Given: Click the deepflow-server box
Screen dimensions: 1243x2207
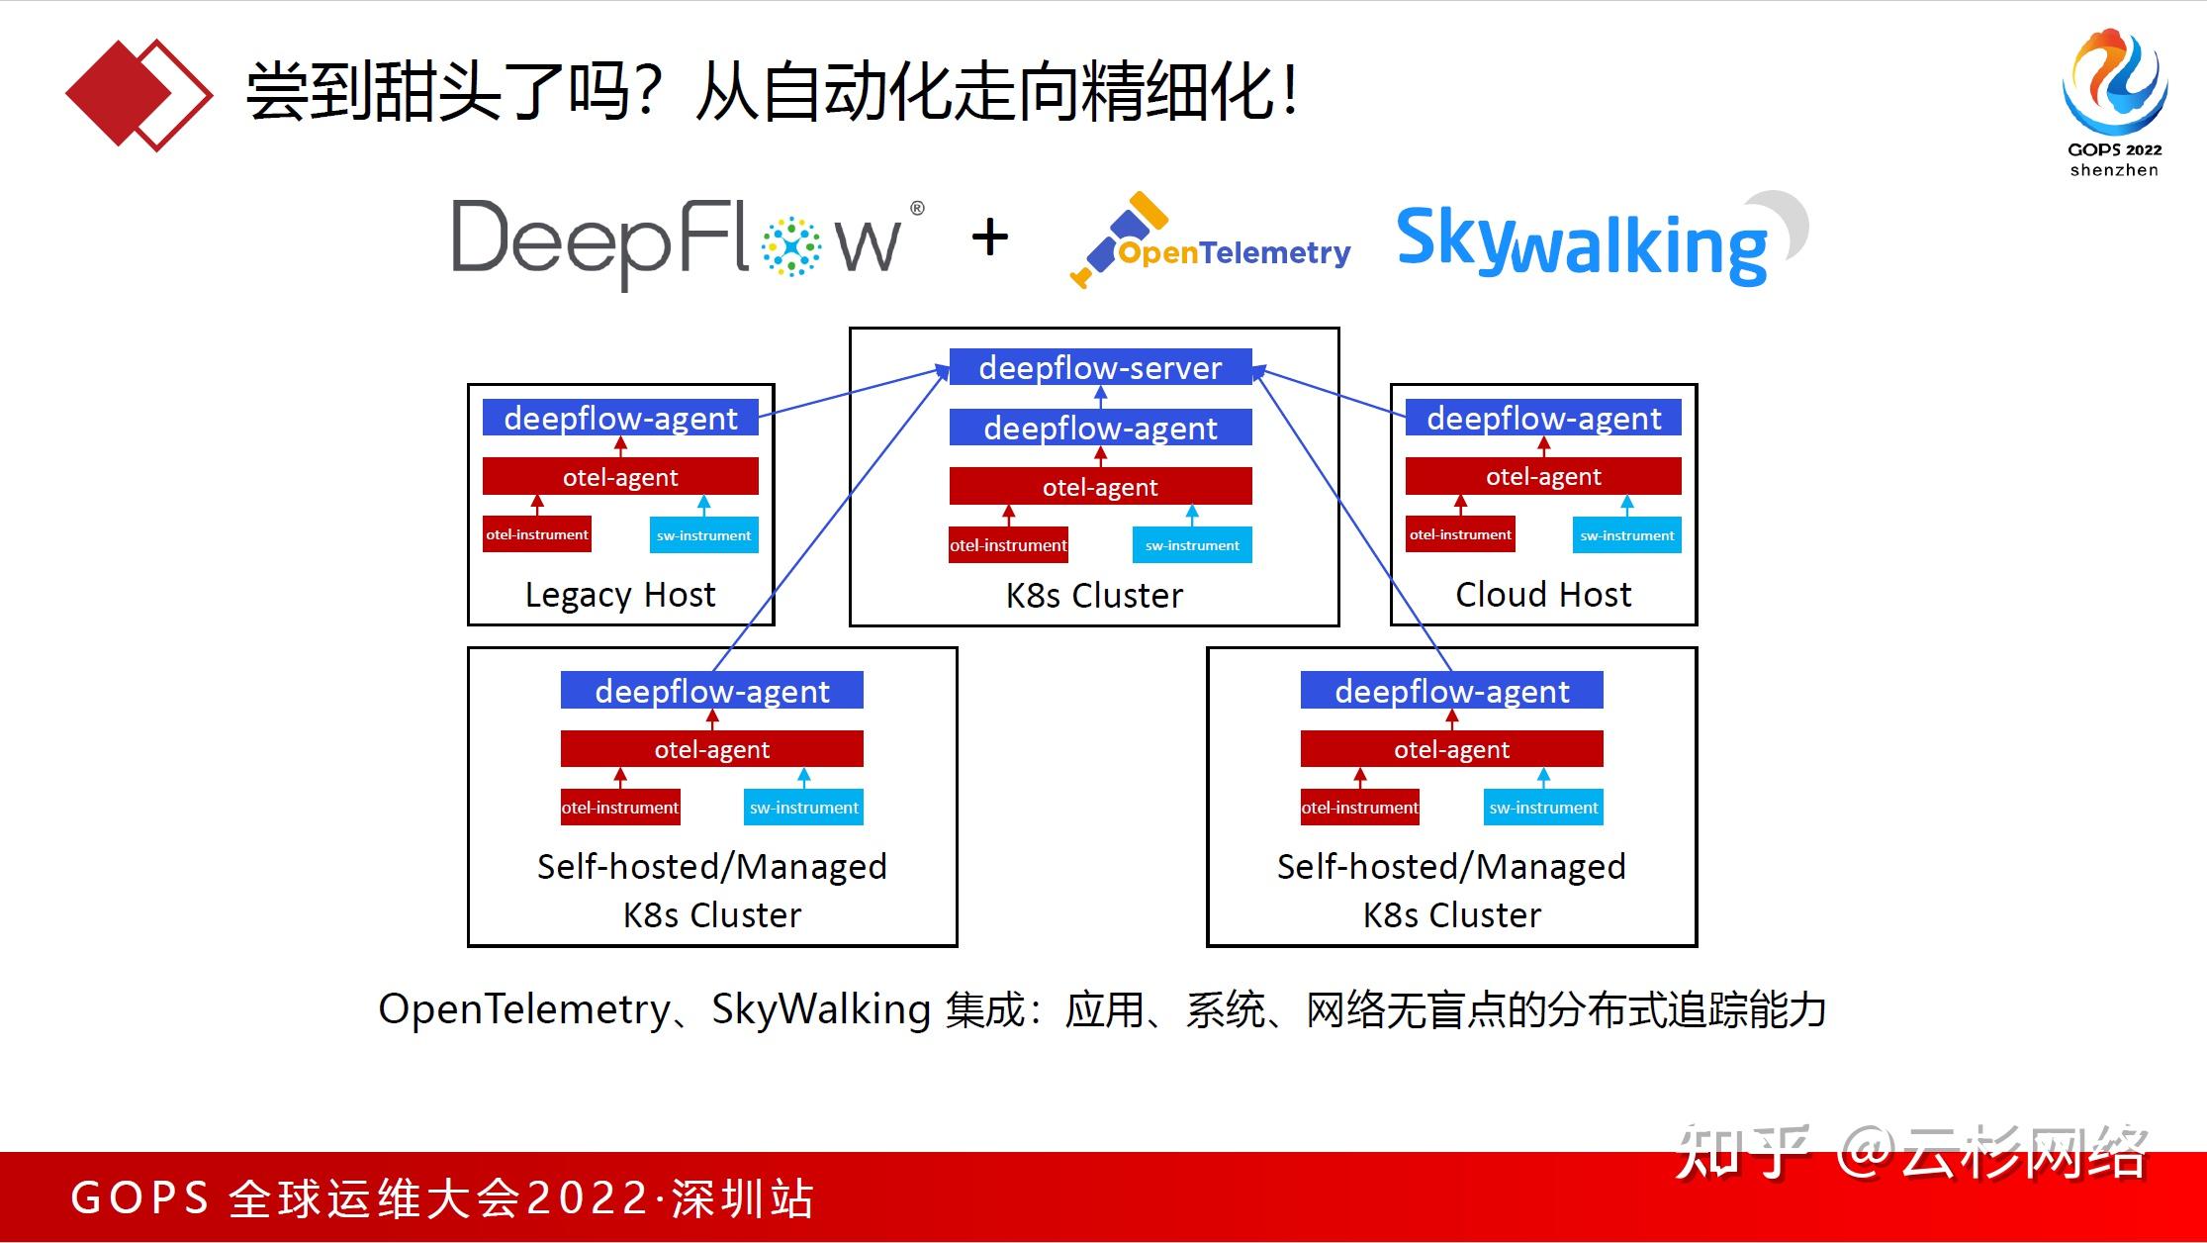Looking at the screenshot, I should tap(1100, 367).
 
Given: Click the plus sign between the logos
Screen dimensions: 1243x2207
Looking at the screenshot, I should tap(989, 238).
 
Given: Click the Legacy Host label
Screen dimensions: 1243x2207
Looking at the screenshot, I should tap(619, 595).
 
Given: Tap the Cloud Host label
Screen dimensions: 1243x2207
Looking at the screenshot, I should tap(1542, 595).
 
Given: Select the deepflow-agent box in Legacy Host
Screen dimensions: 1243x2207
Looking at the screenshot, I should tap(620, 418).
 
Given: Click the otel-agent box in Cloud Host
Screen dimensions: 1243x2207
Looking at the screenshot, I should tap(1542, 476).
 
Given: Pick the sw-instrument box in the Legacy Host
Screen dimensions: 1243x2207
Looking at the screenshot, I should tap(703, 535).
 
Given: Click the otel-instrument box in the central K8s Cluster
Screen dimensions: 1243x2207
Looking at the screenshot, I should tap(1008, 545).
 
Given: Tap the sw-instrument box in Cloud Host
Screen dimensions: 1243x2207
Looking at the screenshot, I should tap(1626, 535).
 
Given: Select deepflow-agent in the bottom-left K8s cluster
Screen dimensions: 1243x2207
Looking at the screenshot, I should tap(711, 691).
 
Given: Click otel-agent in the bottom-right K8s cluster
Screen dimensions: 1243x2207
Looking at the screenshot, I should tap(1451, 749).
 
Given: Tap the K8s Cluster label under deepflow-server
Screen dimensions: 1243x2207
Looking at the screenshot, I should tap(1094, 596).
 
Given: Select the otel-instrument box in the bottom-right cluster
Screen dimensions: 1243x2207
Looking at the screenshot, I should tap(1359, 808).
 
